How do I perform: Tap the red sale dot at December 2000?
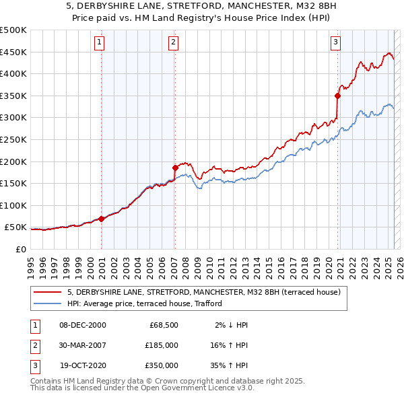[102, 219]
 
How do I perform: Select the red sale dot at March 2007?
[175, 168]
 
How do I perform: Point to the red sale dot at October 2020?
[337, 96]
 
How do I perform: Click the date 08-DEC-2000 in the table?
[83, 325]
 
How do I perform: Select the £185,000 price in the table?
[162, 345]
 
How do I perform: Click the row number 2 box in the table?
[34, 345]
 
